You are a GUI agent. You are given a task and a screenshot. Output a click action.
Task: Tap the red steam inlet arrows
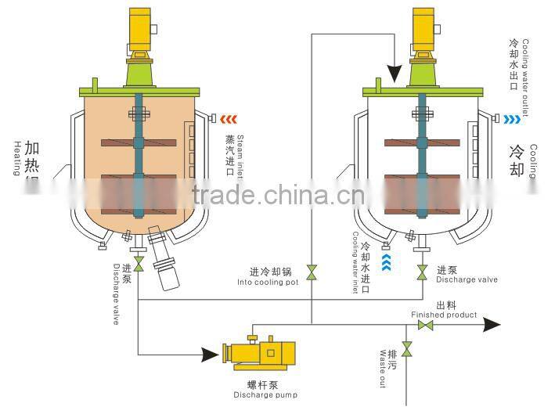(229, 119)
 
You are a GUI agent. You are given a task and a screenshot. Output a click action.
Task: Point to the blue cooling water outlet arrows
(513, 119)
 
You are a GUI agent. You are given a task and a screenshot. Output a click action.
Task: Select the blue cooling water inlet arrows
(386, 261)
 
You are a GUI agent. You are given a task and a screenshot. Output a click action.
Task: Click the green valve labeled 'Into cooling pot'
(311, 272)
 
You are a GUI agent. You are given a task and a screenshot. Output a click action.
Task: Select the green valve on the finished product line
(426, 325)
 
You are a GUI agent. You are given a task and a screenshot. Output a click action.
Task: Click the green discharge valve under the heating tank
(139, 266)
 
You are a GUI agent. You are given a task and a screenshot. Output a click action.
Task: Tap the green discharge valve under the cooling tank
(422, 272)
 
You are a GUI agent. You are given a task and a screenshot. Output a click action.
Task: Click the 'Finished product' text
(444, 315)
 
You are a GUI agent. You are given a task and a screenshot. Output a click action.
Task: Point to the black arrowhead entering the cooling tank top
(395, 74)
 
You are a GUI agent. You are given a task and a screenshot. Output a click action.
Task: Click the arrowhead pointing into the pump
(210, 355)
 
